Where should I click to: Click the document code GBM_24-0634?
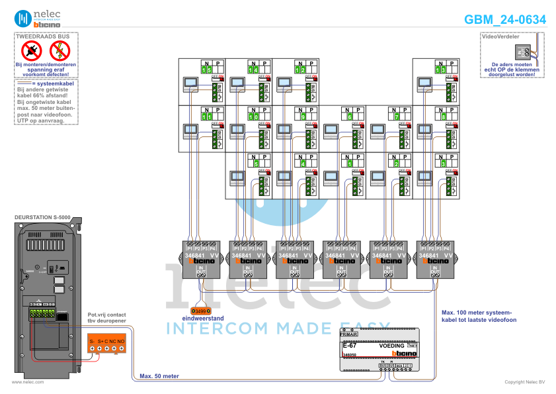point(504,19)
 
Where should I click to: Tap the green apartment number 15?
point(207,70)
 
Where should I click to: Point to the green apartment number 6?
point(349,117)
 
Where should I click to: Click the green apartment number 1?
point(349,163)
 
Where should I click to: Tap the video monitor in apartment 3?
point(424,177)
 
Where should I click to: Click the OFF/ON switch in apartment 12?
point(310,78)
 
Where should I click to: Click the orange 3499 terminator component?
point(200,310)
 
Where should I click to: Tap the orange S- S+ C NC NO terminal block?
point(106,344)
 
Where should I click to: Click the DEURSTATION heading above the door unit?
point(42,217)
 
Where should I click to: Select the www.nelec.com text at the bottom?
point(28,382)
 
